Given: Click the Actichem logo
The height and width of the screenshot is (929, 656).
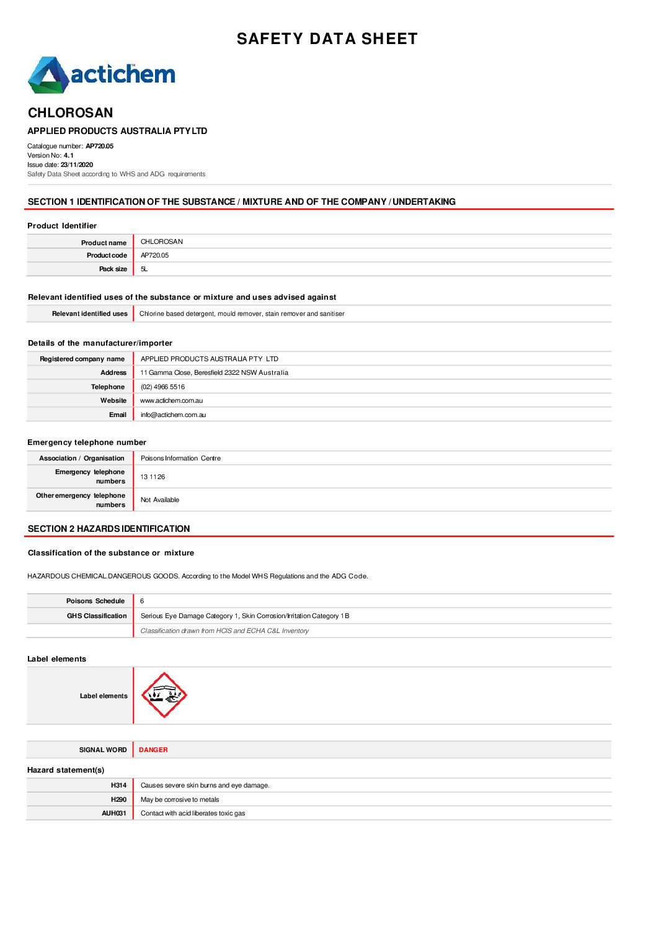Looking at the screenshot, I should coord(102,75).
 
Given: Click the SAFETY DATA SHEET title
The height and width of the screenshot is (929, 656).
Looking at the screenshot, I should coord(327,39).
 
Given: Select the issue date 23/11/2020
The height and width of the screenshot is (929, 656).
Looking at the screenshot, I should coord(77,165).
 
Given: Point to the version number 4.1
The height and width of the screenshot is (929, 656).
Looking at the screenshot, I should coord(68,156).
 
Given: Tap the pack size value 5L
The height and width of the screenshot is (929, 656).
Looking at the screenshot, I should coord(144,269).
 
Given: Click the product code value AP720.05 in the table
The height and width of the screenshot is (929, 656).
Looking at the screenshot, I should coord(154,256).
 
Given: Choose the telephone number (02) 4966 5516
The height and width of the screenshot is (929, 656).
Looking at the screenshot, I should coord(162,387).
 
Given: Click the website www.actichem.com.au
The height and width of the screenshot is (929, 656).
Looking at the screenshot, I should coord(171,401).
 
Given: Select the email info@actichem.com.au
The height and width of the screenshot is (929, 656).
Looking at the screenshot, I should coord(173,415).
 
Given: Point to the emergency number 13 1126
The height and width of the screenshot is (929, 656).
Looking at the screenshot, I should coord(153,477).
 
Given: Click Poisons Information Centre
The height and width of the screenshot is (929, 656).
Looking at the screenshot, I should coord(180,459).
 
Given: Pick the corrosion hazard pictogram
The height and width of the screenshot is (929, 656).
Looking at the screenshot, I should coord(164,695).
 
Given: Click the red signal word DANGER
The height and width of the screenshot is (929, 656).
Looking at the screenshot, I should coord(153,750).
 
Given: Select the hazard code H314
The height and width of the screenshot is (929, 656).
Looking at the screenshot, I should coord(118,786).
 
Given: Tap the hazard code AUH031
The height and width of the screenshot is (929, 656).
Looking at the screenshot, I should coord(114,814).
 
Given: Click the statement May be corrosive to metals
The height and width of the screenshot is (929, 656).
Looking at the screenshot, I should coord(180,800).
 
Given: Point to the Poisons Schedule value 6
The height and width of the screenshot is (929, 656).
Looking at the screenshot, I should coord(142,601).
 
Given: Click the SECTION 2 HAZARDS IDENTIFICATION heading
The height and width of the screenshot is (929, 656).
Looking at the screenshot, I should coord(109,529).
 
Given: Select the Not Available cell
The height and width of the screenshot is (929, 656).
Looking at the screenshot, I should coord(159,500).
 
